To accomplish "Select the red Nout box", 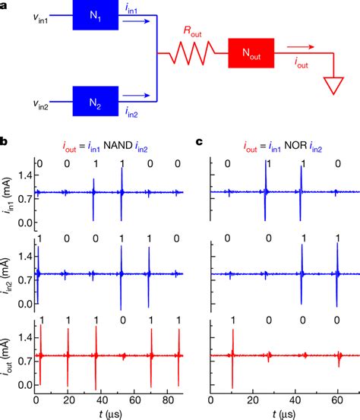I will click(x=251, y=55).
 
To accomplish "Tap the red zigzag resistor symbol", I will click(x=197, y=55).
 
